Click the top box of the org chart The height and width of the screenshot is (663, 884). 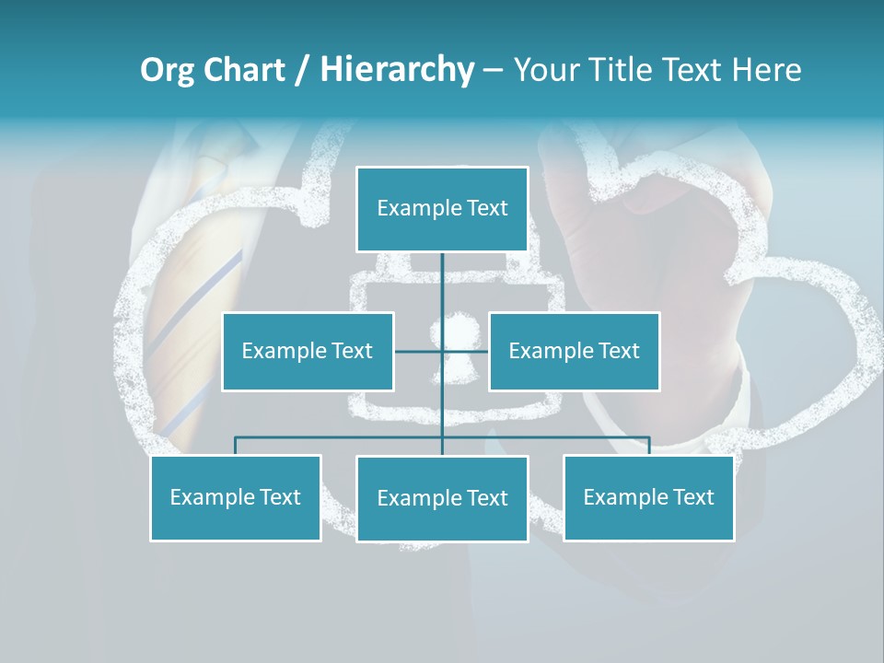point(442,209)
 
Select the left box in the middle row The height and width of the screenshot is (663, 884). point(308,351)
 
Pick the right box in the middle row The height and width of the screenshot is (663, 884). point(574,351)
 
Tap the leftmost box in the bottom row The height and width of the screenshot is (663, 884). point(236,498)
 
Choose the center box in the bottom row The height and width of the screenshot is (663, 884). point(442,499)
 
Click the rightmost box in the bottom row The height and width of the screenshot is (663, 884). point(648,498)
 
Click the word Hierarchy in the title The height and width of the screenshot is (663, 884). point(397,70)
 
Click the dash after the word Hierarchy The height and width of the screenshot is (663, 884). point(492,70)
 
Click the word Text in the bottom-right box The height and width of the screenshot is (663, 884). point(692,498)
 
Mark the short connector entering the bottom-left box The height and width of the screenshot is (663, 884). point(236,446)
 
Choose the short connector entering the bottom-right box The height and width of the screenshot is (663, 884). point(648,446)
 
